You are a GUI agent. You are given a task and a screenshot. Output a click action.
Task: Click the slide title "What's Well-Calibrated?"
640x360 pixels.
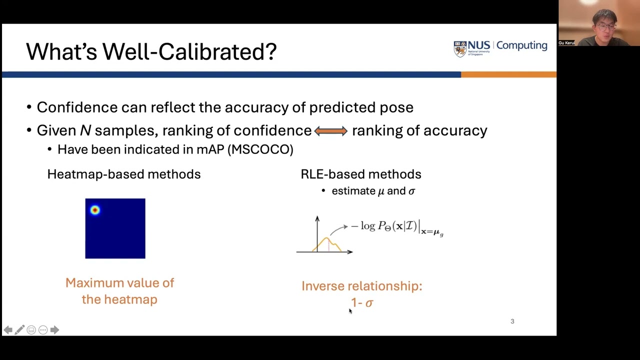(x=151, y=51)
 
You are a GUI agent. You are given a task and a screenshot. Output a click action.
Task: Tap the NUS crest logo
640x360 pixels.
(x=459, y=48)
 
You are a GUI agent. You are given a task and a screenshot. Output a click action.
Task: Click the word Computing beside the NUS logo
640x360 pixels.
(x=521, y=45)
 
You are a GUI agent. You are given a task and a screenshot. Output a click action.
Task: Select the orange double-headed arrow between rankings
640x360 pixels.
(x=330, y=131)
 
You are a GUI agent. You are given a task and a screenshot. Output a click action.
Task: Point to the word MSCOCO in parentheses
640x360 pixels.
(x=260, y=149)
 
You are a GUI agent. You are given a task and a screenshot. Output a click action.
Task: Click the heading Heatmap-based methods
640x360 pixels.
(x=123, y=174)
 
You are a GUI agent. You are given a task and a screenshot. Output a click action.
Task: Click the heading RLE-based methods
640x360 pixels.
(x=360, y=174)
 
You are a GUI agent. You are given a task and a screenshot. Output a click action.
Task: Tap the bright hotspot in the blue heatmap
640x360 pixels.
(x=95, y=210)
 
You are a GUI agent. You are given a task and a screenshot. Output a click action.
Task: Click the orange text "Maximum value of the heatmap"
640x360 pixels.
(x=119, y=290)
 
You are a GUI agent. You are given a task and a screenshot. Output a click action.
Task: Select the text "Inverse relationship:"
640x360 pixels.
(x=361, y=286)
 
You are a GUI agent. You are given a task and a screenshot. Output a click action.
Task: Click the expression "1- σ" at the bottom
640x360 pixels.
(x=362, y=302)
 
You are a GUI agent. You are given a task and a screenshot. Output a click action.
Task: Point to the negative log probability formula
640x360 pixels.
(x=396, y=227)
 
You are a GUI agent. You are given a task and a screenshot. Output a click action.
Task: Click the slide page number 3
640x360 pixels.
(x=512, y=321)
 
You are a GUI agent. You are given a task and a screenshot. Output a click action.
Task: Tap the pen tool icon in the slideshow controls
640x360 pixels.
(x=19, y=330)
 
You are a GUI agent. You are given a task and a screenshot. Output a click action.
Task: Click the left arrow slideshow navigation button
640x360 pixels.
(x=8, y=330)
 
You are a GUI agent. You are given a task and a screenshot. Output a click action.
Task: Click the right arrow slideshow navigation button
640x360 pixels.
(x=54, y=330)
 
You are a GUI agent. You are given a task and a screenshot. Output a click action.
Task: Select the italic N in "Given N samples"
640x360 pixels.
(x=85, y=130)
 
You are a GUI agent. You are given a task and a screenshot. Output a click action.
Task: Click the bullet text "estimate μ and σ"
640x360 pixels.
(x=373, y=191)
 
